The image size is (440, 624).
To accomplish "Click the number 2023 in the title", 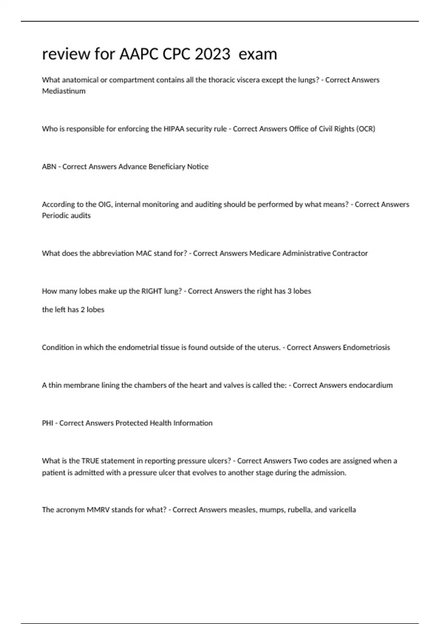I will pyautogui.click(x=212, y=54).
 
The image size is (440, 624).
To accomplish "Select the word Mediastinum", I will pyautogui.click(x=64, y=91).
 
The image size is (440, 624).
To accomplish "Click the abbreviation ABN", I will pyautogui.click(x=49, y=167).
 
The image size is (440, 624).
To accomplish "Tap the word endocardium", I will pyautogui.click(x=371, y=385).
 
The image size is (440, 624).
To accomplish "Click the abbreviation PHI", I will pyautogui.click(x=48, y=423).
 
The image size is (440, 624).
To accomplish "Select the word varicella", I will pyautogui.click(x=342, y=509).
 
